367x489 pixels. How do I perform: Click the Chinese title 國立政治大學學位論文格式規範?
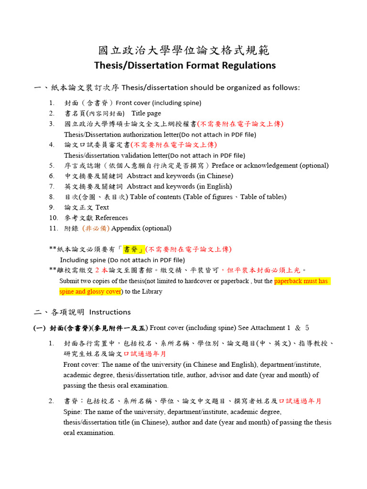(x=183, y=50)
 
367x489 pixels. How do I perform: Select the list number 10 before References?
(x=53, y=218)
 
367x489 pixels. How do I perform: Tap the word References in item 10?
(x=112, y=218)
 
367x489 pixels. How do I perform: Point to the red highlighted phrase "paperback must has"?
(x=302, y=281)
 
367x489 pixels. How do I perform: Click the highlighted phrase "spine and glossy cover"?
(x=90, y=291)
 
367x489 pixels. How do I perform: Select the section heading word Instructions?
(x=110, y=312)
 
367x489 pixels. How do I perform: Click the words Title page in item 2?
(x=146, y=114)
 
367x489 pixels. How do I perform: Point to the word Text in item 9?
(x=102, y=207)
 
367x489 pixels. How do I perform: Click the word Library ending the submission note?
(x=151, y=291)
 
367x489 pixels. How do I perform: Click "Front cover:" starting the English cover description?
(x=81, y=364)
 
